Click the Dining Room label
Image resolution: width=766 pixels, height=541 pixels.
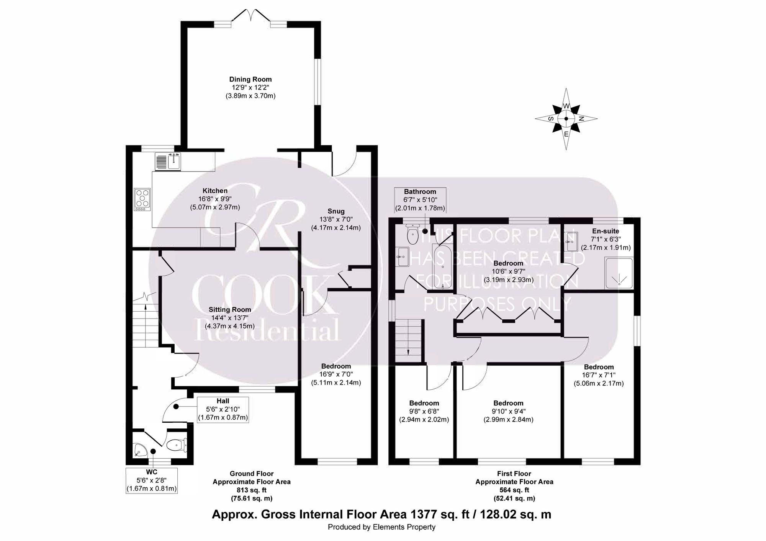(x=250, y=80)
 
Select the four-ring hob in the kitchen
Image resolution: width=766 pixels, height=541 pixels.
(x=142, y=199)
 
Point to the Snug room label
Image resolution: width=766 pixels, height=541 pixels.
(x=336, y=211)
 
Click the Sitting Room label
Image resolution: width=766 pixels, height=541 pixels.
(x=230, y=310)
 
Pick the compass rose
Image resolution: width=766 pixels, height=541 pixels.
(x=566, y=119)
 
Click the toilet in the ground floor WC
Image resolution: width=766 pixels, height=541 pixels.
(x=176, y=445)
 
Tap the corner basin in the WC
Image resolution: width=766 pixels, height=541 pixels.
(x=140, y=451)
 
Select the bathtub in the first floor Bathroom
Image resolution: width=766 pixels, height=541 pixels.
(x=442, y=266)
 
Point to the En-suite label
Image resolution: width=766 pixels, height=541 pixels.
(x=606, y=231)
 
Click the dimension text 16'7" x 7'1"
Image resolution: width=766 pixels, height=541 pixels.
(x=599, y=375)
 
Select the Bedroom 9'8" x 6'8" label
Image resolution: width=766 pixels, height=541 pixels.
(x=424, y=403)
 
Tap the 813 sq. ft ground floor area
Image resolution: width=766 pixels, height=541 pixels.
(x=252, y=490)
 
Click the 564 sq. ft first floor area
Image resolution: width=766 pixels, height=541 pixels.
(x=514, y=490)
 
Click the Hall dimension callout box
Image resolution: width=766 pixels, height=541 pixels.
(x=223, y=409)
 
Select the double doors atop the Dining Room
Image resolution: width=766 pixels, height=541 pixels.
(x=250, y=16)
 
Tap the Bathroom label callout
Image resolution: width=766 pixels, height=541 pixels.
(x=420, y=200)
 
